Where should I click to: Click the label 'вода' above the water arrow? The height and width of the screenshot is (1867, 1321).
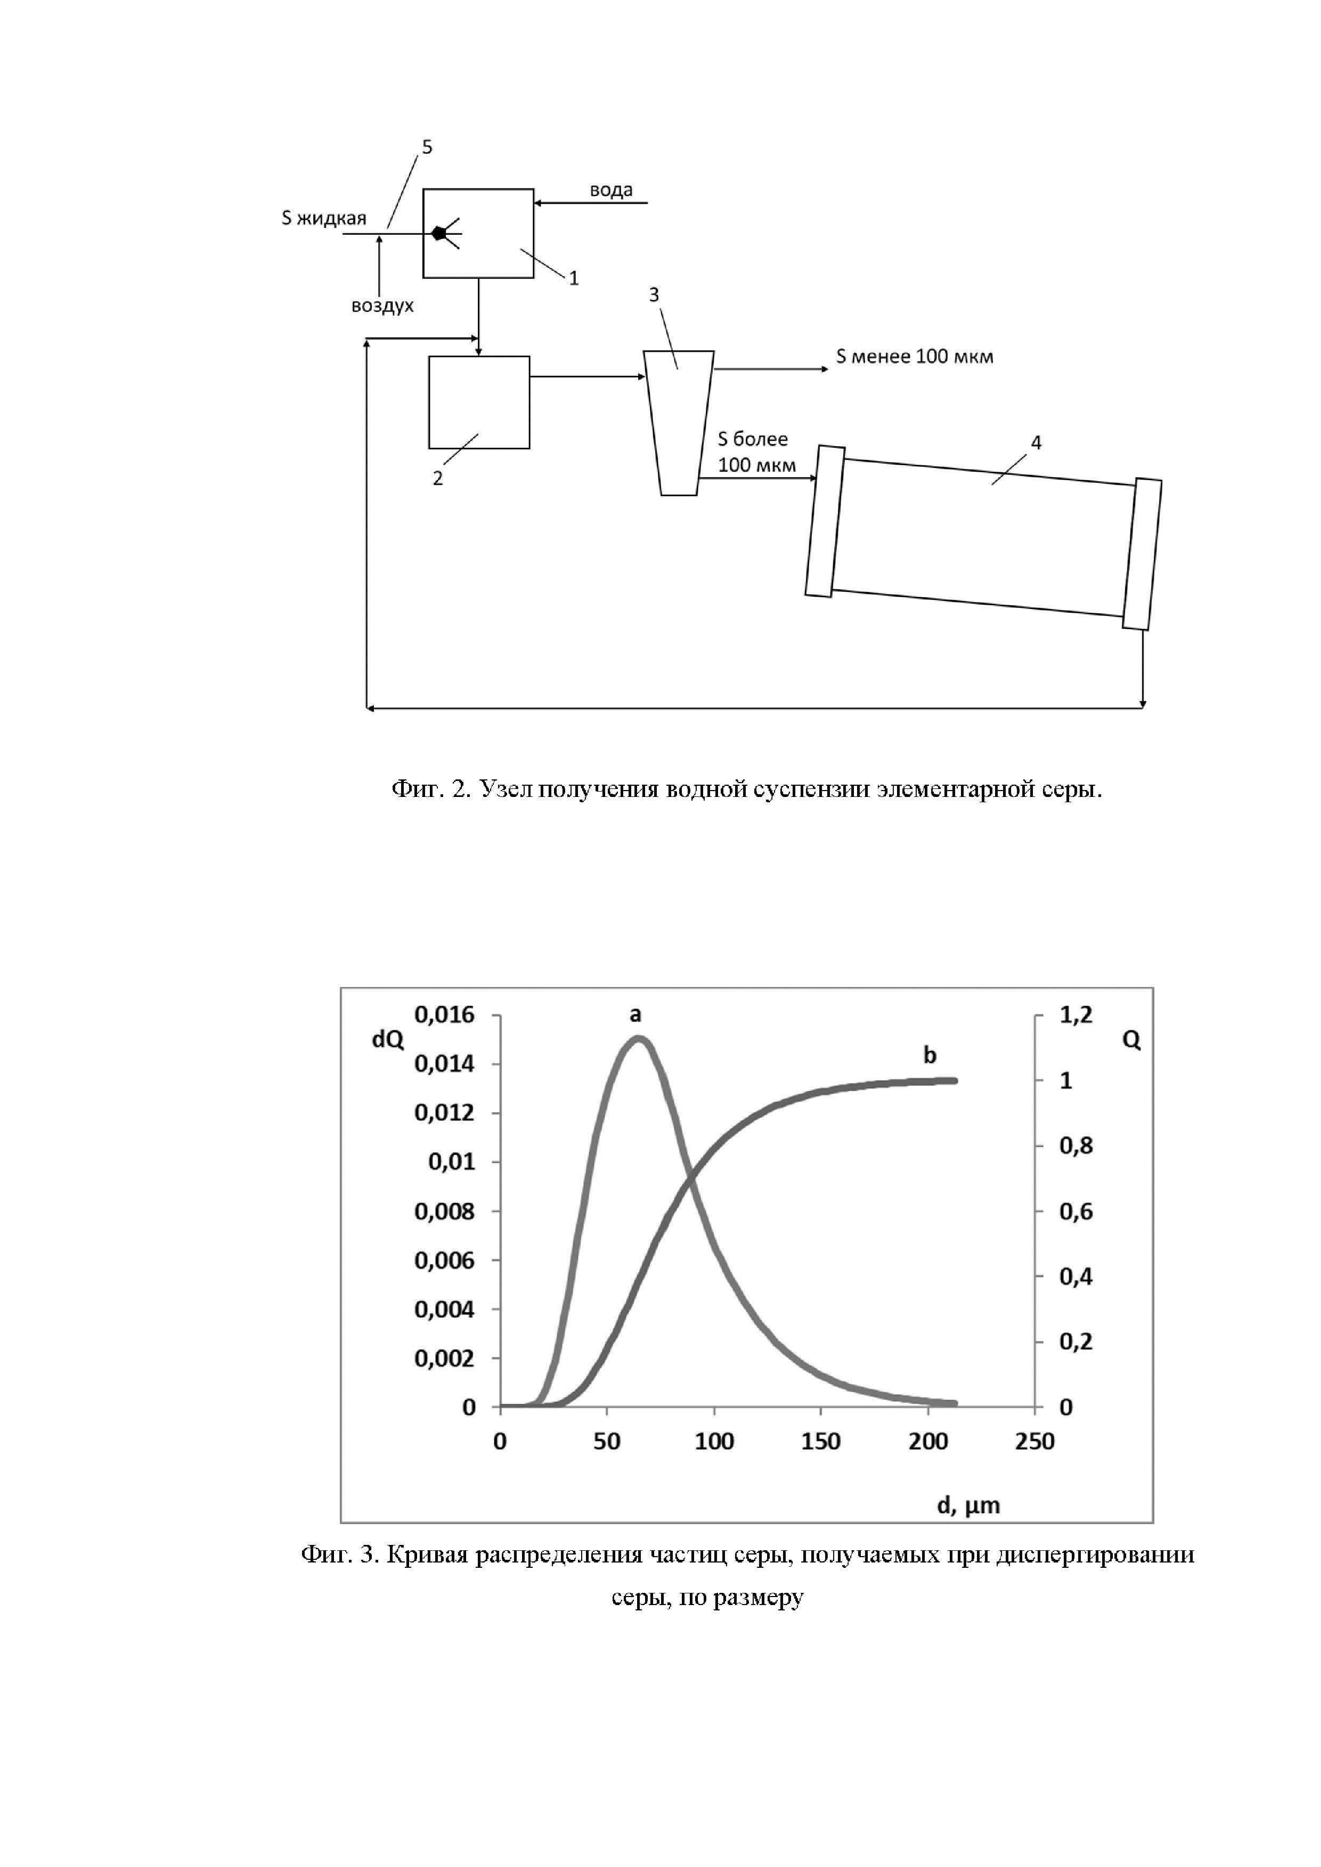pyautogui.click(x=611, y=190)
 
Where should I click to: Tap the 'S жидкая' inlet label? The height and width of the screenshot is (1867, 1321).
pyautogui.click(x=324, y=218)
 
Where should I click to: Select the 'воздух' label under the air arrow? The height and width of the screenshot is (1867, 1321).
pyautogui.click(x=382, y=306)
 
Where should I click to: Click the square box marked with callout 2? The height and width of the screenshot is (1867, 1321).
pyautogui.click(x=479, y=402)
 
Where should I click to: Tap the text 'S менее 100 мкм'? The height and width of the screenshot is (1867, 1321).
pyautogui.click(x=914, y=356)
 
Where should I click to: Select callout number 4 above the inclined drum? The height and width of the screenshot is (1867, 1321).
pyautogui.click(x=1035, y=443)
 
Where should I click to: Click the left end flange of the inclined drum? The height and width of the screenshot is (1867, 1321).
pyautogui.click(x=825, y=521)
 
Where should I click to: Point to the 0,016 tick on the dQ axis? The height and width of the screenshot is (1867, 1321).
pyautogui.click(x=444, y=1015)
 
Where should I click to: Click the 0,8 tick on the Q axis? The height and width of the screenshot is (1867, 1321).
pyautogui.click(x=1075, y=1146)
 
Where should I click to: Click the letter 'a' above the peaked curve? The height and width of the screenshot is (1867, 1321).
pyautogui.click(x=636, y=1015)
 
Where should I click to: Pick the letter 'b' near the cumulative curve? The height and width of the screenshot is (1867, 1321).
pyautogui.click(x=929, y=1056)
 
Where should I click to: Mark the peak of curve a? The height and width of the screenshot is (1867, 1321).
pyautogui.click(x=639, y=1039)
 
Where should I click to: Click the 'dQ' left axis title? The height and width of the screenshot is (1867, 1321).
pyautogui.click(x=387, y=1040)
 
